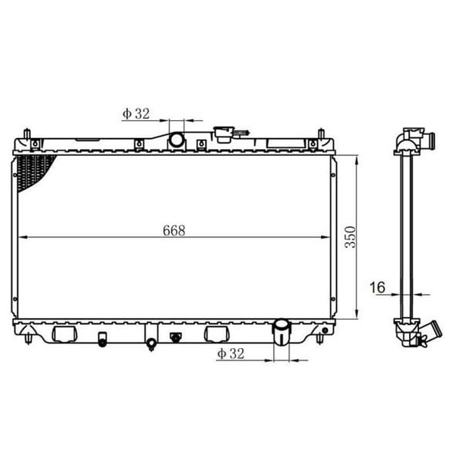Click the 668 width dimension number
click(175, 229)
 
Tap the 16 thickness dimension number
click(377, 288)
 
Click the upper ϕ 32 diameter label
click(135, 114)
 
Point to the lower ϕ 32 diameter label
click(231, 353)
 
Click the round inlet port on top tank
click(177, 140)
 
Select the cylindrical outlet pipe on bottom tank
click(282, 333)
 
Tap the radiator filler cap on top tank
click(225, 134)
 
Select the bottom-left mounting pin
click(29, 338)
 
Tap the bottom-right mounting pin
click(319, 338)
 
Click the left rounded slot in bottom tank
click(64, 333)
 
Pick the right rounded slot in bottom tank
click(216, 333)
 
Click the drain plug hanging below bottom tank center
click(151, 341)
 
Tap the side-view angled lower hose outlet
click(426, 334)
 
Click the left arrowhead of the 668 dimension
click(19, 236)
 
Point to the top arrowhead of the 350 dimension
click(357, 159)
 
